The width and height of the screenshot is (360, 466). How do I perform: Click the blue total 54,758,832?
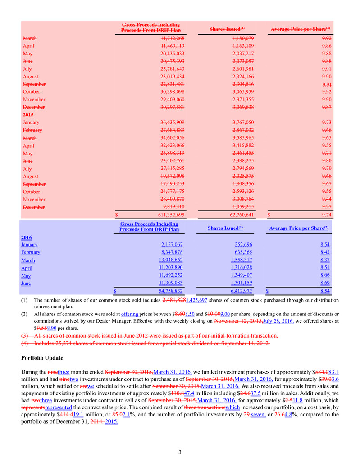coord(165,291)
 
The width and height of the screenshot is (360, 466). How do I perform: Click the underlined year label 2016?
coord(27,237)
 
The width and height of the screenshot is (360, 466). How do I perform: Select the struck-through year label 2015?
coord(29,115)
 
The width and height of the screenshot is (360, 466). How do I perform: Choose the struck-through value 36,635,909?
coord(169,123)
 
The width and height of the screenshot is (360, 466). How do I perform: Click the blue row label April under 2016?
coord(27,268)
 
